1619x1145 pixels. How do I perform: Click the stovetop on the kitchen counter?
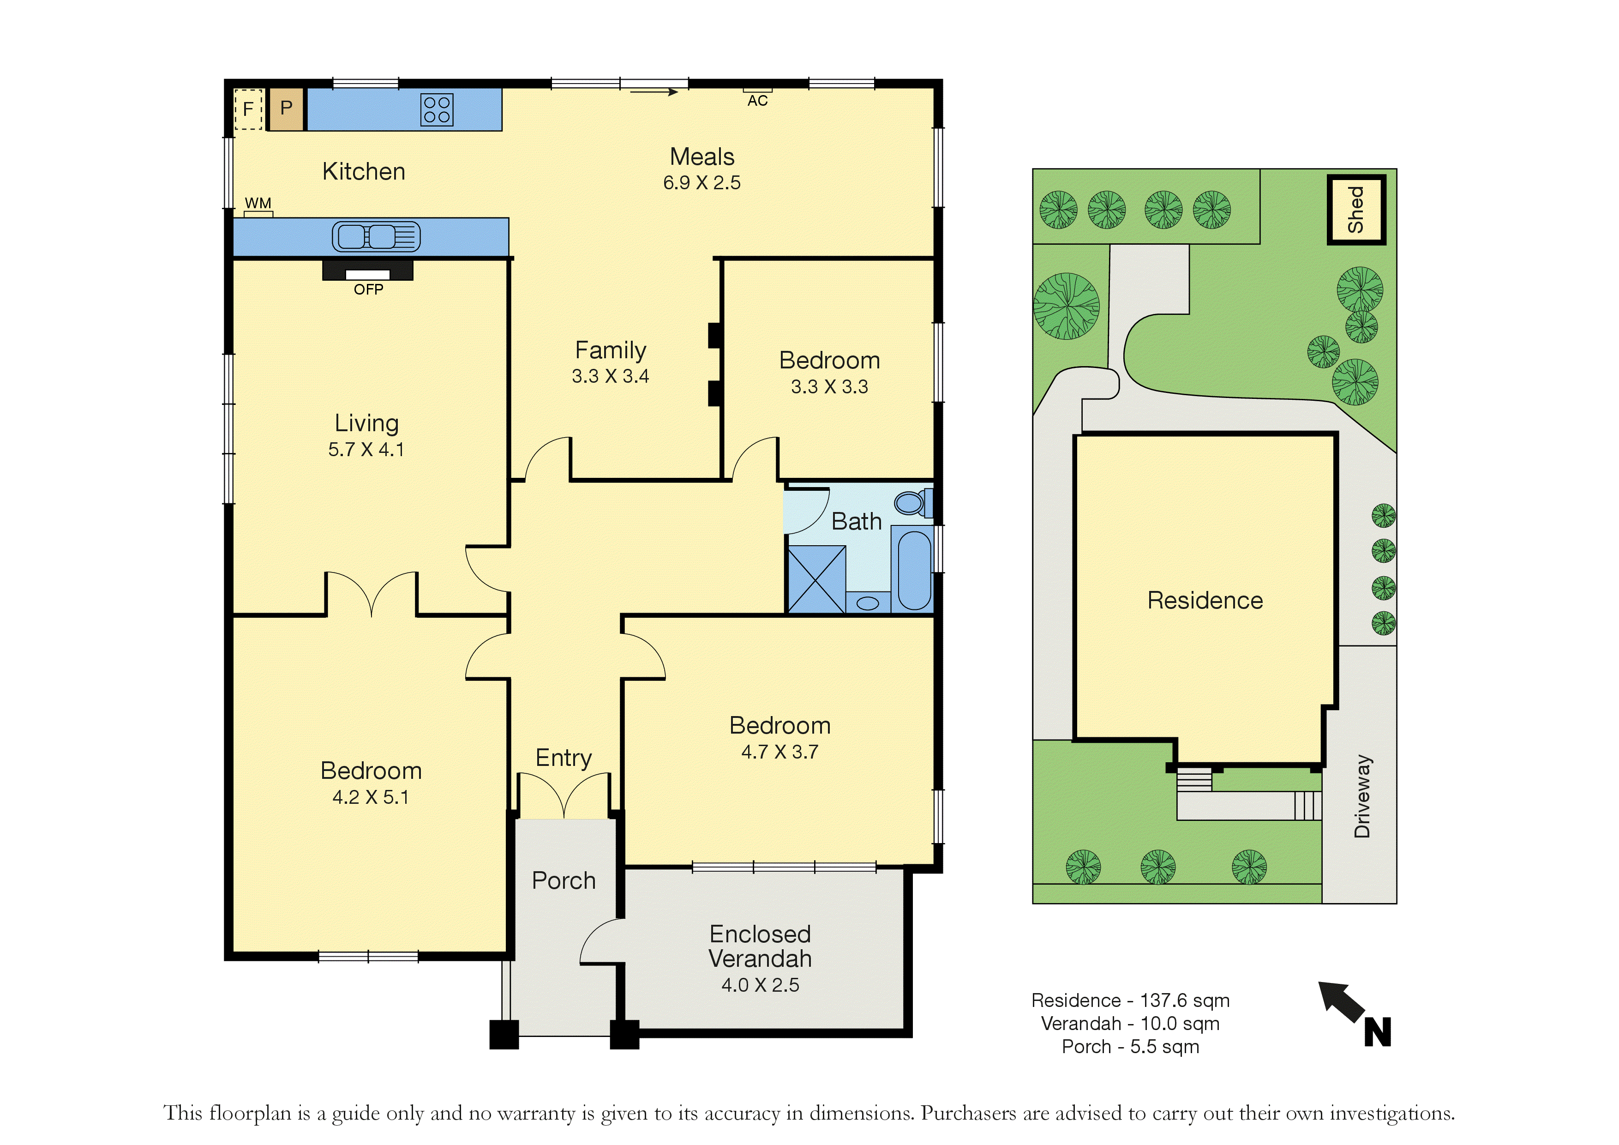coord(437,110)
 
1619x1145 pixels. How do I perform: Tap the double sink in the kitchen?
coord(377,236)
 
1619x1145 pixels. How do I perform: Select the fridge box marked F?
coord(248,109)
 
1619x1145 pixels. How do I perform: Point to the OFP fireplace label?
coord(368,289)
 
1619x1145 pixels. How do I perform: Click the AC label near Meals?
coord(757,101)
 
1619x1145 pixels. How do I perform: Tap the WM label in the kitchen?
coord(258,203)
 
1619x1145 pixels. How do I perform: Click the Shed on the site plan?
coord(1356,210)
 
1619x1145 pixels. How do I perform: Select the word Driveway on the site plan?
coord(1362,796)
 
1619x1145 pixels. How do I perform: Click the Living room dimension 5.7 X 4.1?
coord(366,449)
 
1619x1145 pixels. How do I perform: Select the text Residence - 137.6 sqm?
coord(1130,1000)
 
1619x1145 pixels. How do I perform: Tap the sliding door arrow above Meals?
coord(654,91)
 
